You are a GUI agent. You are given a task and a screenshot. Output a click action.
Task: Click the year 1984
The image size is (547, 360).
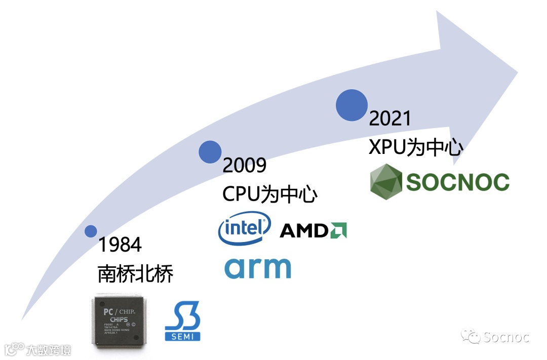coord(120,245)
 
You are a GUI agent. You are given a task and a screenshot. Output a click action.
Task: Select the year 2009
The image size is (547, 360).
coord(245,166)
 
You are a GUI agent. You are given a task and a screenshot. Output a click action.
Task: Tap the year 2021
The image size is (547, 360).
coord(390,118)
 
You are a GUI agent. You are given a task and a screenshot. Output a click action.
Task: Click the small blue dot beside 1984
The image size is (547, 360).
coord(91,231)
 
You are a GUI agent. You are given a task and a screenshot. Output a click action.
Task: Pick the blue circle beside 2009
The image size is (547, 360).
coord(210,152)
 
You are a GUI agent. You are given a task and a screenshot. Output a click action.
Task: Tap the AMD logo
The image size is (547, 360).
coord(313,231)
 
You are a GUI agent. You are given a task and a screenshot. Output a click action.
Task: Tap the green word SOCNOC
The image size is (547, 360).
coord(458,182)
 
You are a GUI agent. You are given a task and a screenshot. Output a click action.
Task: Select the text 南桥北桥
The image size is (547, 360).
coord(136,274)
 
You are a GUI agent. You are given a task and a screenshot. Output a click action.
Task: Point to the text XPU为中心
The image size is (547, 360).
coord(416,147)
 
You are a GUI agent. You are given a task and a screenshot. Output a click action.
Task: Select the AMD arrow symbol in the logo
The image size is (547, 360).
coord(338,231)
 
